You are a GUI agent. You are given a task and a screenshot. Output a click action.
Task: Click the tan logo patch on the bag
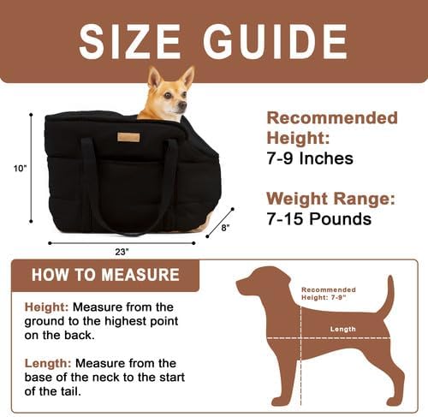pos(129,137)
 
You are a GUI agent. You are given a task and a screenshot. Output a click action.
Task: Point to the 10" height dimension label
pos(20,169)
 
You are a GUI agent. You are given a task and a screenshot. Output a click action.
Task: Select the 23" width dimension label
pos(122,252)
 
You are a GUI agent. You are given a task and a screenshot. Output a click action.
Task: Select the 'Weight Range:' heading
pos(330,199)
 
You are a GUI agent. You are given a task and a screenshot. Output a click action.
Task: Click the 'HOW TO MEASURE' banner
pos(105,275)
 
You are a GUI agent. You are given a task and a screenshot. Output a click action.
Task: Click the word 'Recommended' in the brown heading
pos(332,117)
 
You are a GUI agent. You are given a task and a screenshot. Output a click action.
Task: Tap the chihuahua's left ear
pos(155,77)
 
